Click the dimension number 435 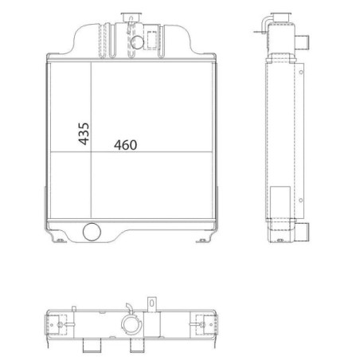click(x=84, y=134)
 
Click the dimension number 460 click(x=126, y=145)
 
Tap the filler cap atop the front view click(x=130, y=18)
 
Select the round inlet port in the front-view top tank click(x=138, y=42)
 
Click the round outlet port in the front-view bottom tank click(x=92, y=232)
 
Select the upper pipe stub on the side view click(x=302, y=42)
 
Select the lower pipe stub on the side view click(x=303, y=232)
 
